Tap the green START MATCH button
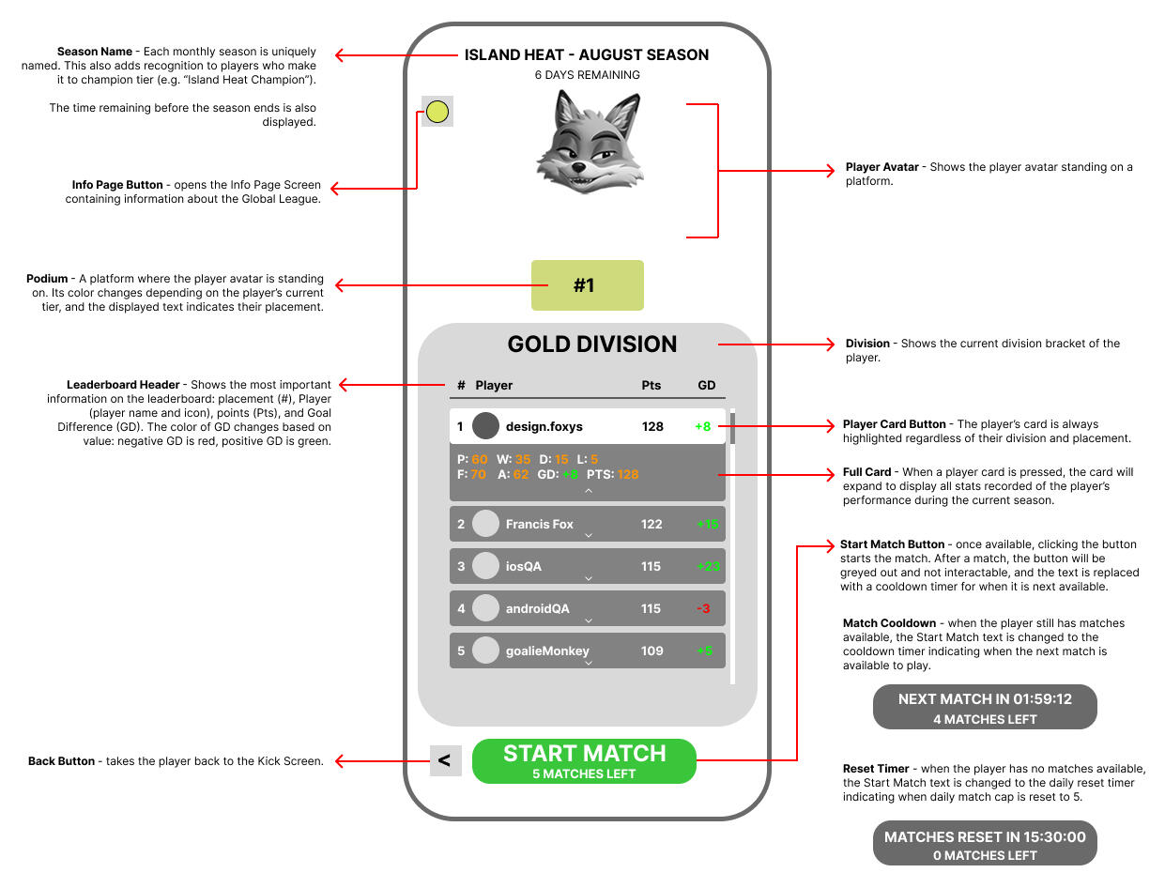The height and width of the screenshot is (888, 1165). (584, 760)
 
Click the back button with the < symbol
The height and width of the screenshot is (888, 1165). (444, 760)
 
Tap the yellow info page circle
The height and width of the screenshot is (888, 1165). (437, 113)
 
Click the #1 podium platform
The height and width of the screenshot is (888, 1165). (587, 285)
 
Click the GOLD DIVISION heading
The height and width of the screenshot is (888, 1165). (591, 344)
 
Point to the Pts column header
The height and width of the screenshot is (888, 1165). (651, 385)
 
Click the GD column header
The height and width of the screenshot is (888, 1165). (707, 385)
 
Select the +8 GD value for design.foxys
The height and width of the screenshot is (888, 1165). (702, 426)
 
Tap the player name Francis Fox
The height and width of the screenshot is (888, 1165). (539, 524)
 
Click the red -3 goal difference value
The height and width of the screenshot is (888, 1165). (702, 608)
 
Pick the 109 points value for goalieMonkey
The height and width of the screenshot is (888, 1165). (651, 651)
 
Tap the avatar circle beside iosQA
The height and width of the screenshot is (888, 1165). (485, 566)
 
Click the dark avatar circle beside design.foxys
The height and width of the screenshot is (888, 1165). (485, 426)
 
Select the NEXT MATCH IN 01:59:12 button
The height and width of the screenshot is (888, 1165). (985, 707)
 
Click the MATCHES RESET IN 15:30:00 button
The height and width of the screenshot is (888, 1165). (985, 845)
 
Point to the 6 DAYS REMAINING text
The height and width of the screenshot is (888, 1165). (587, 75)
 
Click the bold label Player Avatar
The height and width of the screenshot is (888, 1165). (881, 167)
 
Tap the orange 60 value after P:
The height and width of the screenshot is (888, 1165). (480, 459)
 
